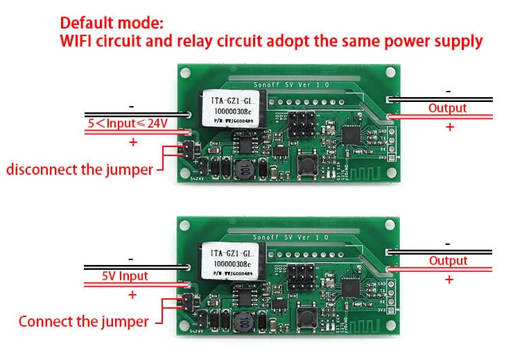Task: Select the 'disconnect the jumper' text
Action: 80,169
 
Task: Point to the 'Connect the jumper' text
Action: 83,321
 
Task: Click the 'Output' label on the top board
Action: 447,108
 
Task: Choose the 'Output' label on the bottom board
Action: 448,261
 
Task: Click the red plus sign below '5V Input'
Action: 132,295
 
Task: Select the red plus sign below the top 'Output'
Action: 450,127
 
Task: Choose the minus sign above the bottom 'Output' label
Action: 448,244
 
